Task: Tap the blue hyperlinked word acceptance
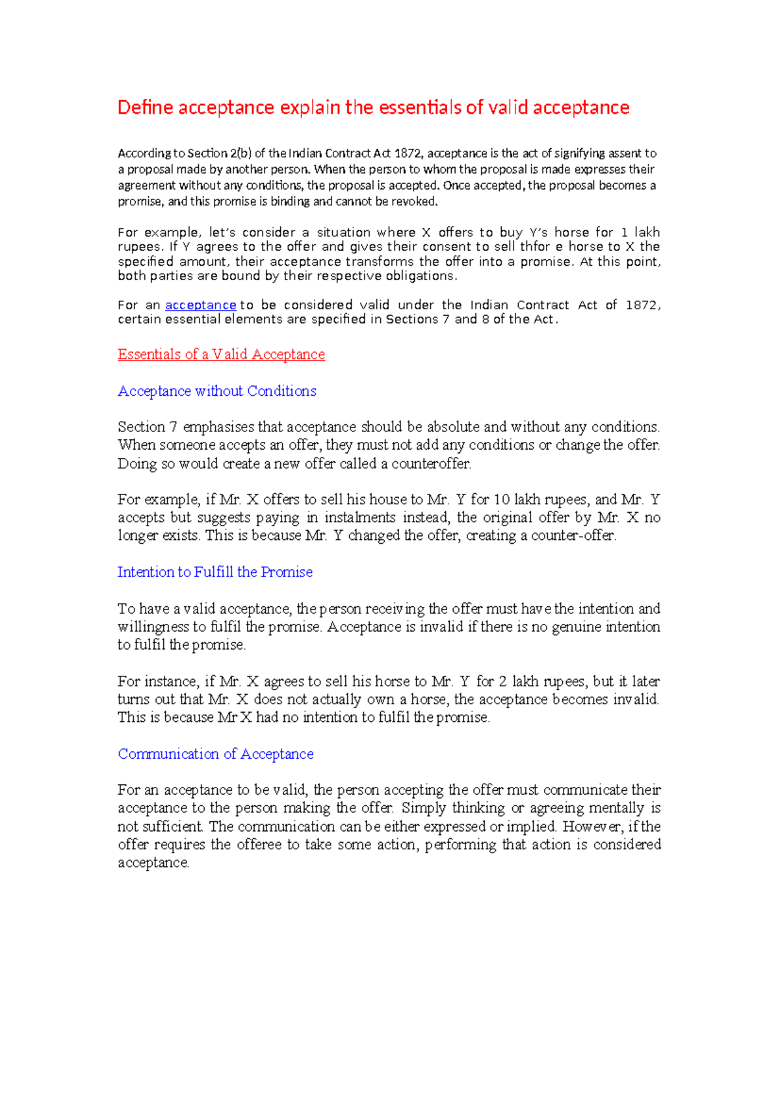(200, 305)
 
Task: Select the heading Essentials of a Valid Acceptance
(221, 354)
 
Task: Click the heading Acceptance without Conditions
(217, 391)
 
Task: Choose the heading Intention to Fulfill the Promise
(215, 572)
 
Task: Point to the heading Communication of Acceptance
(216, 754)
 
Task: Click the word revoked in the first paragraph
(415, 201)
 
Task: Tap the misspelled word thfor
(535, 246)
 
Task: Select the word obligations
(421, 275)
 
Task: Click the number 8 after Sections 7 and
(486, 319)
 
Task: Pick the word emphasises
(218, 427)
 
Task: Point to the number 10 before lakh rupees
(501, 500)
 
